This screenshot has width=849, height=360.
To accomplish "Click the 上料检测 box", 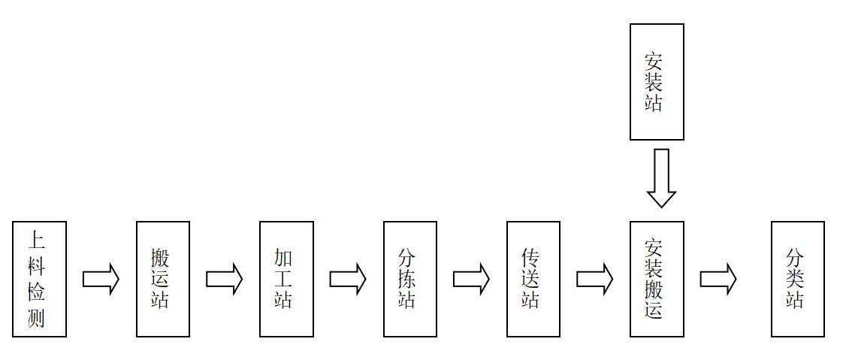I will tap(40, 279).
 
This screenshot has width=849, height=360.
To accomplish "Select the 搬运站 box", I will tap(163, 279).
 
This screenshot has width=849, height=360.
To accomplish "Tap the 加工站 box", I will tap(286, 279).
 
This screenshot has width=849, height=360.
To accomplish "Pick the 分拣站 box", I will tap(409, 279).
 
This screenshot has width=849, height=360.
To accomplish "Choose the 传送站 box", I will tap(533, 279).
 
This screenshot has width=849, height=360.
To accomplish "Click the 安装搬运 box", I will tap(657, 279).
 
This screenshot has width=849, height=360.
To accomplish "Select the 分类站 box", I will tap(798, 279).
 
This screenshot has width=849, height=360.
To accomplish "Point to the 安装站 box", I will tap(657, 82).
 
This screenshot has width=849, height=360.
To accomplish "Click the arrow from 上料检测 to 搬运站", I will tap(101, 279).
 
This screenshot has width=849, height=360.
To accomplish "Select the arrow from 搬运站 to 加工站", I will tap(224, 279).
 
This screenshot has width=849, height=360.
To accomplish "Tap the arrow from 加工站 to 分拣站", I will tap(347, 279).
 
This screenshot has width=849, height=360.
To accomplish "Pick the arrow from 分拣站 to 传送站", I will tap(470, 279).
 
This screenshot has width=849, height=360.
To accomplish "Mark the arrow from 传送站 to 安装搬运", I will tap(594, 279).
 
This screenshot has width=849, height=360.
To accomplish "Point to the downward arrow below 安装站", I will tap(661, 177).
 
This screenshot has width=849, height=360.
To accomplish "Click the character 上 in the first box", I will tap(37, 240).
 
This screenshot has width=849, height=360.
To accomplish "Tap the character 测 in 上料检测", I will tap(37, 319).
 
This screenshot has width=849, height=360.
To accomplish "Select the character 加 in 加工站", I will tap(283, 259).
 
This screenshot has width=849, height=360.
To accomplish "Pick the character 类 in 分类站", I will tap(795, 279).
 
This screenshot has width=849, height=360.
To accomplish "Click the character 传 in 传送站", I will tap(530, 259).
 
